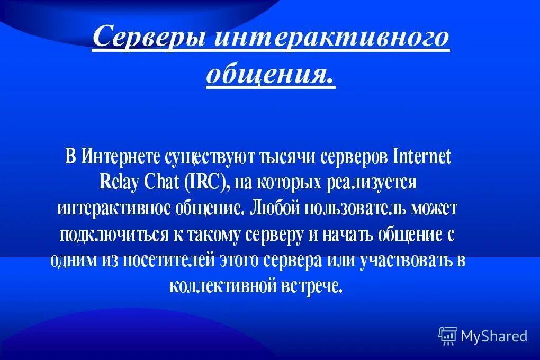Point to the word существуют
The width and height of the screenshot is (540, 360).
[x=210, y=157]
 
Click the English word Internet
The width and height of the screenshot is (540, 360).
[x=422, y=157]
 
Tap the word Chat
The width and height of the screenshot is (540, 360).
[x=161, y=183]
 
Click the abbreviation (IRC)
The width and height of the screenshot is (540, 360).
[x=207, y=183]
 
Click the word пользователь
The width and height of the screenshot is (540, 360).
[x=366, y=208]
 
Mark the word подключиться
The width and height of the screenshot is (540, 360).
[x=112, y=234]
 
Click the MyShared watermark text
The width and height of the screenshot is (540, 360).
[x=494, y=336]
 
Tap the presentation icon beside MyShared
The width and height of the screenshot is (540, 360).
[x=447, y=336]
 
